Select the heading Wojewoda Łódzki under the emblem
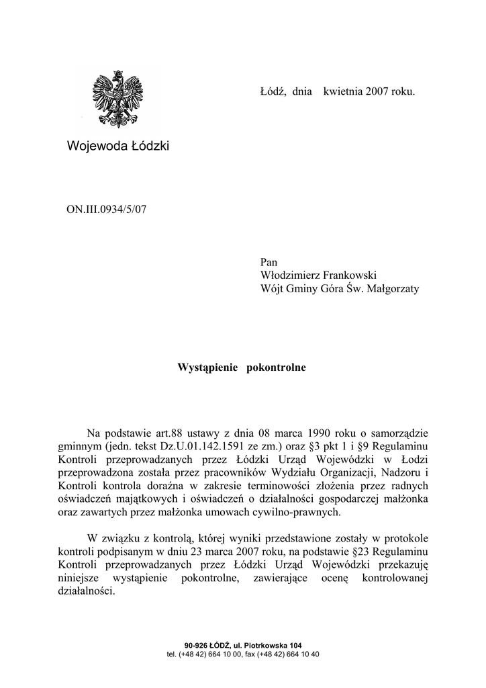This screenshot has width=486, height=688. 118,145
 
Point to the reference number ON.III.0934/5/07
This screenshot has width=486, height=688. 106,209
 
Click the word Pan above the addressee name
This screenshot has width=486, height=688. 269,262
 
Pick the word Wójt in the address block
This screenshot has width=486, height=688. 272,289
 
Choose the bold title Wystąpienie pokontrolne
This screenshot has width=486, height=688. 242,368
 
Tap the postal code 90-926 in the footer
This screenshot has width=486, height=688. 186,646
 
